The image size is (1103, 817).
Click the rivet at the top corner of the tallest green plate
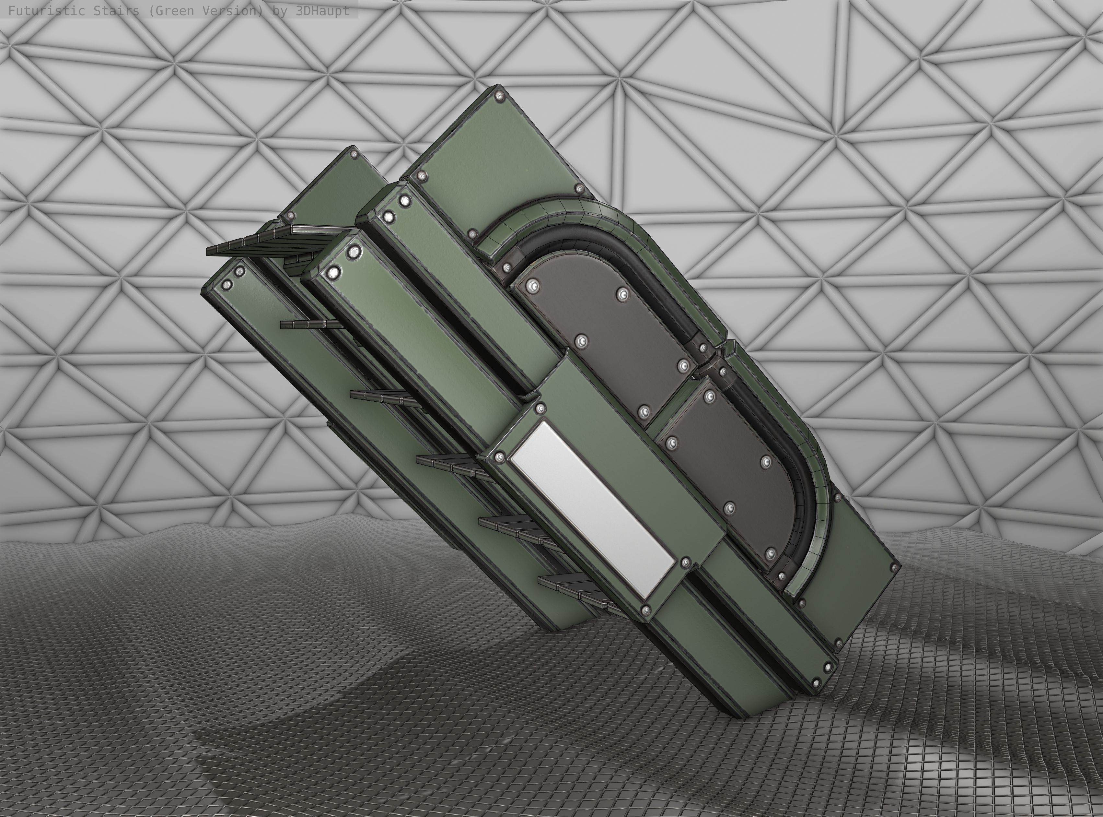500,94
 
